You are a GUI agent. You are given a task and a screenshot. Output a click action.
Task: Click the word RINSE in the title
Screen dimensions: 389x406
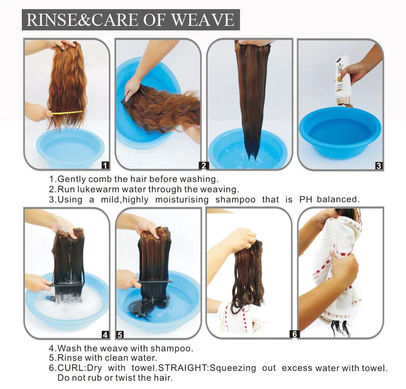pyautogui.click(x=48, y=20)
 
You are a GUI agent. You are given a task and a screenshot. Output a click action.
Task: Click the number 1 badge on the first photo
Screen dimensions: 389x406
pyautogui.click(x=105, y=165)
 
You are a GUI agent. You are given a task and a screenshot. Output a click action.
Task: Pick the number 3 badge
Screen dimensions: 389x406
pyautogui.click(x=379, y=165)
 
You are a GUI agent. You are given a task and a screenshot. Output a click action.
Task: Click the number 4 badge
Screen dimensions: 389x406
pyautogui.click(x=106, y=334)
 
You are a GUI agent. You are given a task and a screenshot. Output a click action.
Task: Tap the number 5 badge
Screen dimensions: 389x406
pyautogui.click(x=120, y=334)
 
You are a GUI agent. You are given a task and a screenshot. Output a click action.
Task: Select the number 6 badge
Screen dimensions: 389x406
pyautogui.click(x=294, y=334)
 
